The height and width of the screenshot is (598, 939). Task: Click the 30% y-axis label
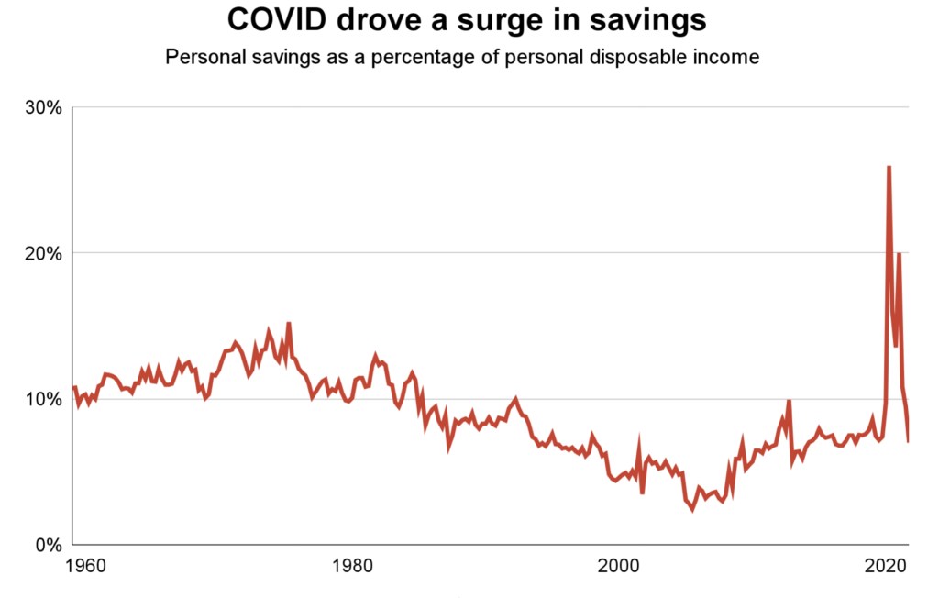tap(42, 107)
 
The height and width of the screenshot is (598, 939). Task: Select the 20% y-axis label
tap(42, 253)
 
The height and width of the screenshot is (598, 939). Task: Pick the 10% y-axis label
tap(42, 399)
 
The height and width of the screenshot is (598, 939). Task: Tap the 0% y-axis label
tap(47, 545)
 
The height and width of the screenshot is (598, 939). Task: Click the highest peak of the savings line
tap(889, 167)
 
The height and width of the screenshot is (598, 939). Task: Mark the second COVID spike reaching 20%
tap(899, 254)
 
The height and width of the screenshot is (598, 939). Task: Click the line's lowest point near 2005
tap(692, 509)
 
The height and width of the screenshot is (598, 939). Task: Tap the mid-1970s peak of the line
tap(289, 323)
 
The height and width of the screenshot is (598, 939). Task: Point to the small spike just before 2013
tap(789, 401)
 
